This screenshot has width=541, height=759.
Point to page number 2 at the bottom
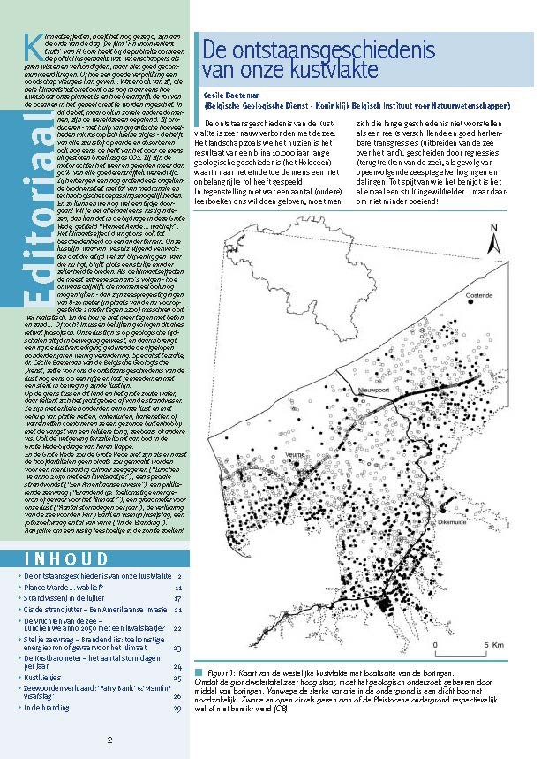(x=110, y=740)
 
